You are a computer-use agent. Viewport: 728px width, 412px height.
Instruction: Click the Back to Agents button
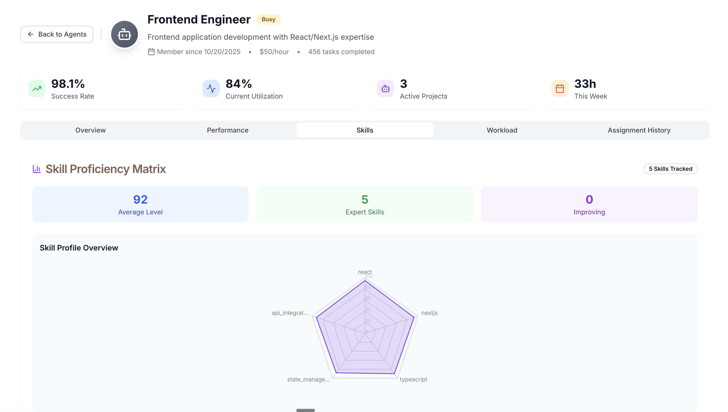coord(57,34)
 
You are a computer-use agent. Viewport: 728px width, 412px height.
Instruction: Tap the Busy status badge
coord(268,19)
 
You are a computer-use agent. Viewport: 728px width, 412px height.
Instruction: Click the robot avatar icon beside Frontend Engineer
coord(124,34)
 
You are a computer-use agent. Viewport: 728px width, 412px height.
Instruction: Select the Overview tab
coord(90,130)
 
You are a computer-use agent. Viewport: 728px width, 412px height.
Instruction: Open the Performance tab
coord(227,130)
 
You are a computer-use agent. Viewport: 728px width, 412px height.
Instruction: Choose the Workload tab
coord(502,130)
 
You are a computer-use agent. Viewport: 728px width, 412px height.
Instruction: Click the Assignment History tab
coord(639,130)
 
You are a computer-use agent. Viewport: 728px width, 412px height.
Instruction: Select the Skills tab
coord(365,130)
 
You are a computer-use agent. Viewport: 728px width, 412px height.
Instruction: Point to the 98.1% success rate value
coord(68,84)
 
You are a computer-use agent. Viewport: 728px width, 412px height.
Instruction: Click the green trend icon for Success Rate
coord(37,89)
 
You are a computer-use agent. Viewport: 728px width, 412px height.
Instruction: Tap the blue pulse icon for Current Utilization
coord(211,89)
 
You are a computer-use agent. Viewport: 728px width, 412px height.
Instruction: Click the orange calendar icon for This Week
coord(559,89)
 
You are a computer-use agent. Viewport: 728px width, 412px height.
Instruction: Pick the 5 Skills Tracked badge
coord(670,169)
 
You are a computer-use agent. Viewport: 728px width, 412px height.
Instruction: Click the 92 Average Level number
coord(140,200)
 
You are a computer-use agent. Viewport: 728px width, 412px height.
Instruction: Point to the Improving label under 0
coord(589,212)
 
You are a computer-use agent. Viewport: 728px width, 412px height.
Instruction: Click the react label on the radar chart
coord(364,272)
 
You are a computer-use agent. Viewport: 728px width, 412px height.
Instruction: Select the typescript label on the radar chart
coord(413,379)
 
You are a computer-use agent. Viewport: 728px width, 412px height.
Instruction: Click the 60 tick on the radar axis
coord(368,298)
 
